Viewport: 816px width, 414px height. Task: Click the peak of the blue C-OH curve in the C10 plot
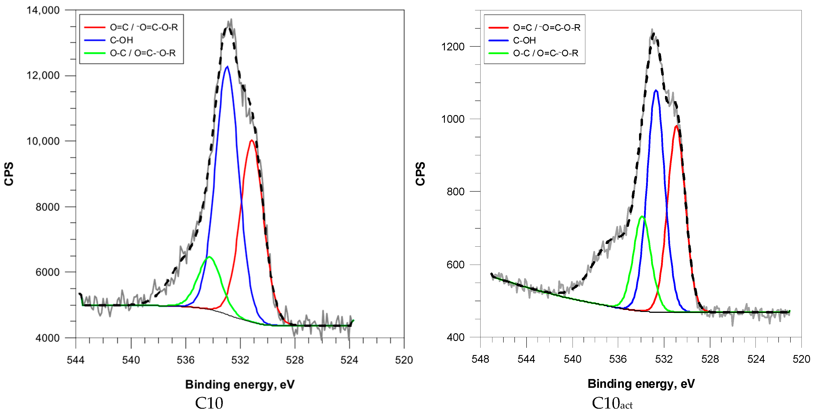227,67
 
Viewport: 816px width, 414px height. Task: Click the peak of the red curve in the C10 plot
251,140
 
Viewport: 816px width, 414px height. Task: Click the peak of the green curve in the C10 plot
209,257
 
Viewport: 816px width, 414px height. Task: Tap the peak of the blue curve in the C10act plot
656,91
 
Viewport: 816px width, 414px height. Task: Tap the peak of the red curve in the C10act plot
676,126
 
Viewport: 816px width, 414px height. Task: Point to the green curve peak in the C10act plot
642,216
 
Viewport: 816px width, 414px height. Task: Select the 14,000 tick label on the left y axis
43,10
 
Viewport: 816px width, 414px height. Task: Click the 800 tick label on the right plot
455,191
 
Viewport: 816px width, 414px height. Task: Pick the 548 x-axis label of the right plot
480,359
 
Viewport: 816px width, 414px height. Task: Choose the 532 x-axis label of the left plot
240,360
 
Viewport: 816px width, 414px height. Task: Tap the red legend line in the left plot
94,27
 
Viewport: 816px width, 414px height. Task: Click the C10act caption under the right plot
612,403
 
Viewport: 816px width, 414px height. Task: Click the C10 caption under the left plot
209,403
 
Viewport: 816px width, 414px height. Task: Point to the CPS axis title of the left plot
9,174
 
